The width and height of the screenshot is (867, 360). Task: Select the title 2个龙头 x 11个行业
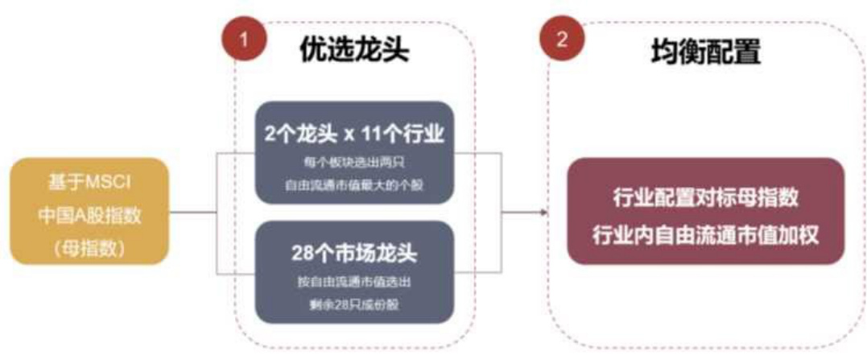coord(354,133)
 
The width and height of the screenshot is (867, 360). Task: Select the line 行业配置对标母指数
coord(706,197)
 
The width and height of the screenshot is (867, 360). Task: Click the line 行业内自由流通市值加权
coord(706,234)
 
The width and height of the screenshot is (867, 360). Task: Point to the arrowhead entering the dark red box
coord(544,213)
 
